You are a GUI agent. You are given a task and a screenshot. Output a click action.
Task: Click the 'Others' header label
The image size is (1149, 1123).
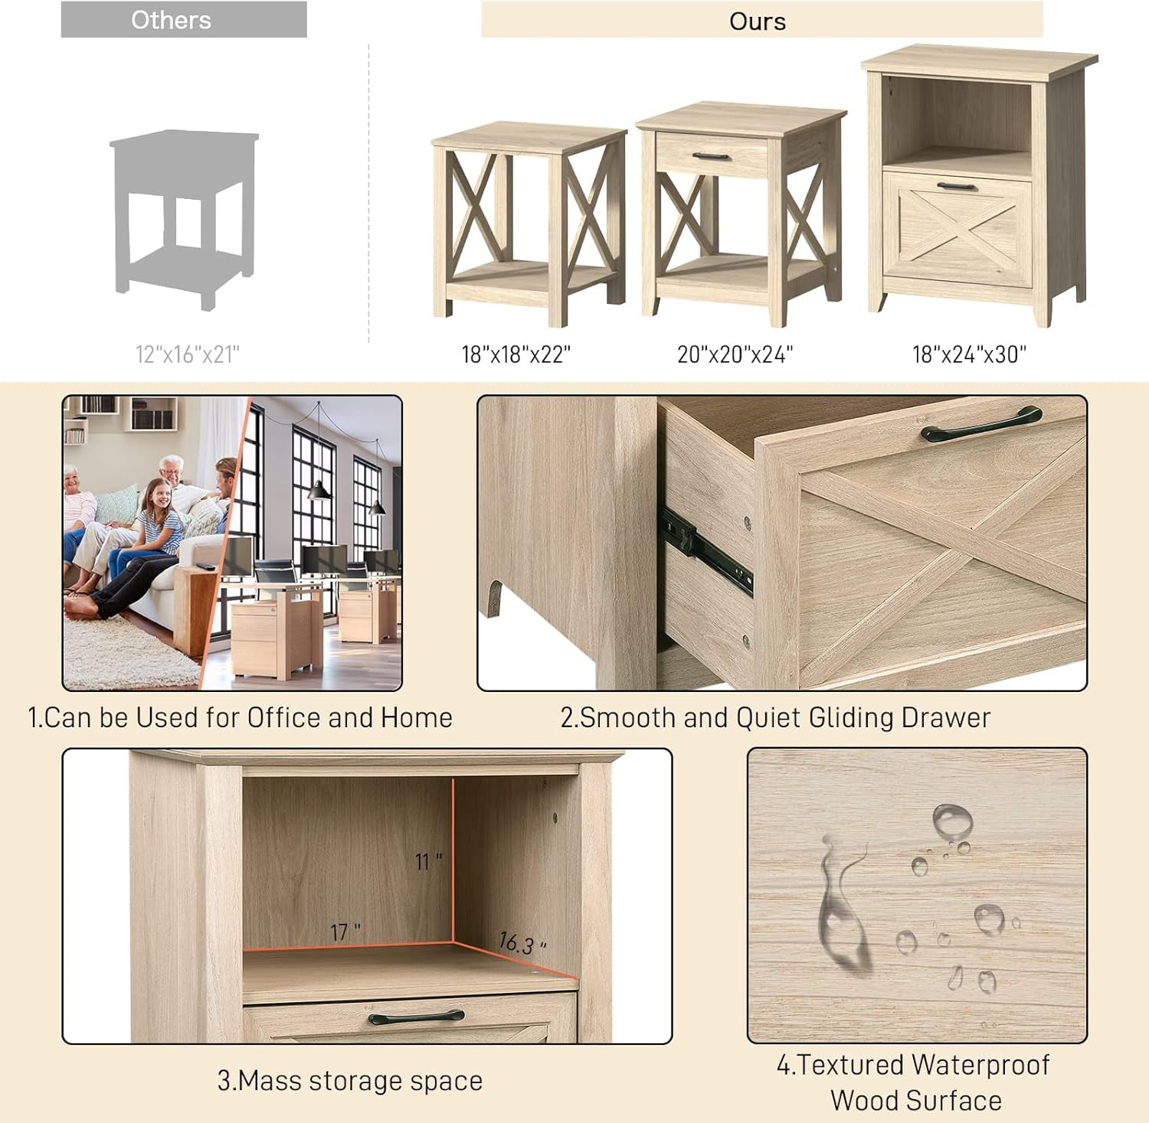pyautogui.click(x=171, y=20)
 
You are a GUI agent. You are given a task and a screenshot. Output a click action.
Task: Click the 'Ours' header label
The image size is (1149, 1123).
pyautogui.click(x=757, y=21)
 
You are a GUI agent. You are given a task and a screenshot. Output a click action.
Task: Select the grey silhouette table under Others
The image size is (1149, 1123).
pyautogui.click(x=184, y=218)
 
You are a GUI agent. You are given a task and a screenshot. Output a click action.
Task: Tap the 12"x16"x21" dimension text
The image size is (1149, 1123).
pyautogui.click(x=188, y=354)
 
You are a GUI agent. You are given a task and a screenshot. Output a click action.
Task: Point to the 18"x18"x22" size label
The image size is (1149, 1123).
pyautogui.click(x=516, y=354)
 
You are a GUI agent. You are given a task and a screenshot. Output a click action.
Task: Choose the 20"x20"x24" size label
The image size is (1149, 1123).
pyautogui.click(x=735, y=354)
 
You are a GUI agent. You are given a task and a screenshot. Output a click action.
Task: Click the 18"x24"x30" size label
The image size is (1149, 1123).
pyautogui.click(x=969, y=354)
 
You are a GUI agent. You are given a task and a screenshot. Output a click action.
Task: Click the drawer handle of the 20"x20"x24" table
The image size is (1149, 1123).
pyautogui.click(x=712, y=157)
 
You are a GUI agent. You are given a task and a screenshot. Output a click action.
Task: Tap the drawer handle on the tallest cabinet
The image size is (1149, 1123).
pyautogui.click(x=957, y=187)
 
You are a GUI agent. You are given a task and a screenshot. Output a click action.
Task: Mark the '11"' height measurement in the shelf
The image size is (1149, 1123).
pyautogui.click(x=428, y=862)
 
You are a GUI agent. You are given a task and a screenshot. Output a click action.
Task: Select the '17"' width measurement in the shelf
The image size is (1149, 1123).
pyautogui.click(x=345, y=932)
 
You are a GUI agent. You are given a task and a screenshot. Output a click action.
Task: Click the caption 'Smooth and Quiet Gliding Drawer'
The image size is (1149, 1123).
pyautogui.click(x=775, y=718)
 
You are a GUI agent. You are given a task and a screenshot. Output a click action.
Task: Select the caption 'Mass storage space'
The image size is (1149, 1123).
pyautogui.click(x=350, y=1081)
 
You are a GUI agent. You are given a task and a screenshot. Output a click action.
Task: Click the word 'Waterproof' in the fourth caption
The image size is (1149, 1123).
pyautogui.click(x=980, y=1065)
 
